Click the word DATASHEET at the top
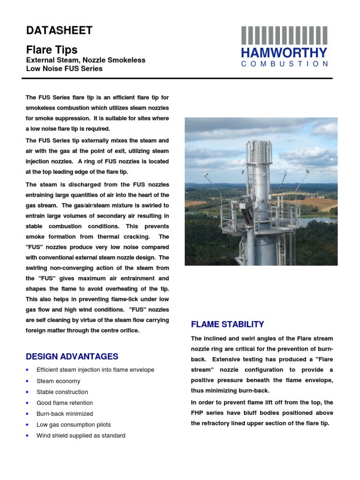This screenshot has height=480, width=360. click(59, 31)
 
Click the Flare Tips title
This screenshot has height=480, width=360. click(52, 50)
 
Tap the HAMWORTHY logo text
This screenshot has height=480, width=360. click(285, 52)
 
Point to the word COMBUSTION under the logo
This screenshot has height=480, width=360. click(285, 64)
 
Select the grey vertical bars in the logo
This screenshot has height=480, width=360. click(285, 36)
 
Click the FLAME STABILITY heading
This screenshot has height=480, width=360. click(227, 324)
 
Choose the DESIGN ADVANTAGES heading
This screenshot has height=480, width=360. click(72, 356)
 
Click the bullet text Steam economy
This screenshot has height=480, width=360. click(58, 381)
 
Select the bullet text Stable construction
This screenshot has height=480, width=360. click(62, 392)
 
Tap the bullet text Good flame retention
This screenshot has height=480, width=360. click(65, 403)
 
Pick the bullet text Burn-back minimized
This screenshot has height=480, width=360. click(65, 413)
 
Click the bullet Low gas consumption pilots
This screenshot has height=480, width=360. click(74, 425)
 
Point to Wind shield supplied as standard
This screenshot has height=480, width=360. click(81, 435)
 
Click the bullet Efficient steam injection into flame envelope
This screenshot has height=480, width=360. click(95, 370)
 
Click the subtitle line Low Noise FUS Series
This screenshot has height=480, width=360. click(64, 68)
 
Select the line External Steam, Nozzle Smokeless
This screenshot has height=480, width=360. click(85, 60)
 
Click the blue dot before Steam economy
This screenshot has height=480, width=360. click(28, 382)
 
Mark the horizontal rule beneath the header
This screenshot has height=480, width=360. click(179, 78)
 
